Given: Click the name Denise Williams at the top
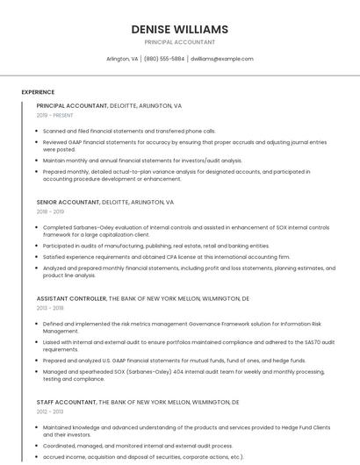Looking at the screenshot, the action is click(x=179, y=29).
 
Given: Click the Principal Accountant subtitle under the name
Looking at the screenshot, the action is click(x=179, y=42).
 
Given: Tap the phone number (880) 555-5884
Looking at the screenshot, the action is click(x=164, y=59).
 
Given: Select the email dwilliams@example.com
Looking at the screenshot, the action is click(x=221, y=59).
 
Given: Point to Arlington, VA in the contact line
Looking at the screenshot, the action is click(x=122, y=59).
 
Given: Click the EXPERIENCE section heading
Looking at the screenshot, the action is click(x=38, y=92).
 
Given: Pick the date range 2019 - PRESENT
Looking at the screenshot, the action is click(x=54, y=115).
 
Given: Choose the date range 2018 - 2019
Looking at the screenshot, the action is click(x=50, y=211).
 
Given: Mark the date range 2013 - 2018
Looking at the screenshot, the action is click(x=50, y=308).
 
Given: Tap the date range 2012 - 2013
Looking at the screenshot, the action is click(x=50, y=411).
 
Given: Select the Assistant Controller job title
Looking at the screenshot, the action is click(x=71, y=298).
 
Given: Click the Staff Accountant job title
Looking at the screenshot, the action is click(x=67, y=401).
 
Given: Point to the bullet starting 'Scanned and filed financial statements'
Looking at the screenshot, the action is click(x=129, y=131).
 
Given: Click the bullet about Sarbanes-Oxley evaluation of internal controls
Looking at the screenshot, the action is click(x=185, y=231).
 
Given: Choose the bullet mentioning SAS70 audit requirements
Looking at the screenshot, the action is click(x=185, y=346).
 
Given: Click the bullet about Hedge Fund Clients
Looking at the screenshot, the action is click(x=185, y=430).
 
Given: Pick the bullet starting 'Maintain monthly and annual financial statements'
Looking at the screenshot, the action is click(x=142, y=161).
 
